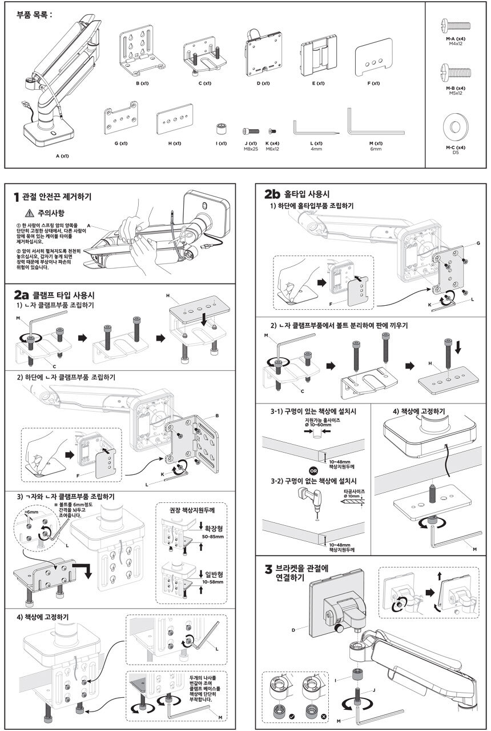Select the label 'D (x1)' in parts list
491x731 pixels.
pyautogui.click(x=263, y=83)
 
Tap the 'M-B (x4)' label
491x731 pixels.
pyautogui.click(x=456, y=88)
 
